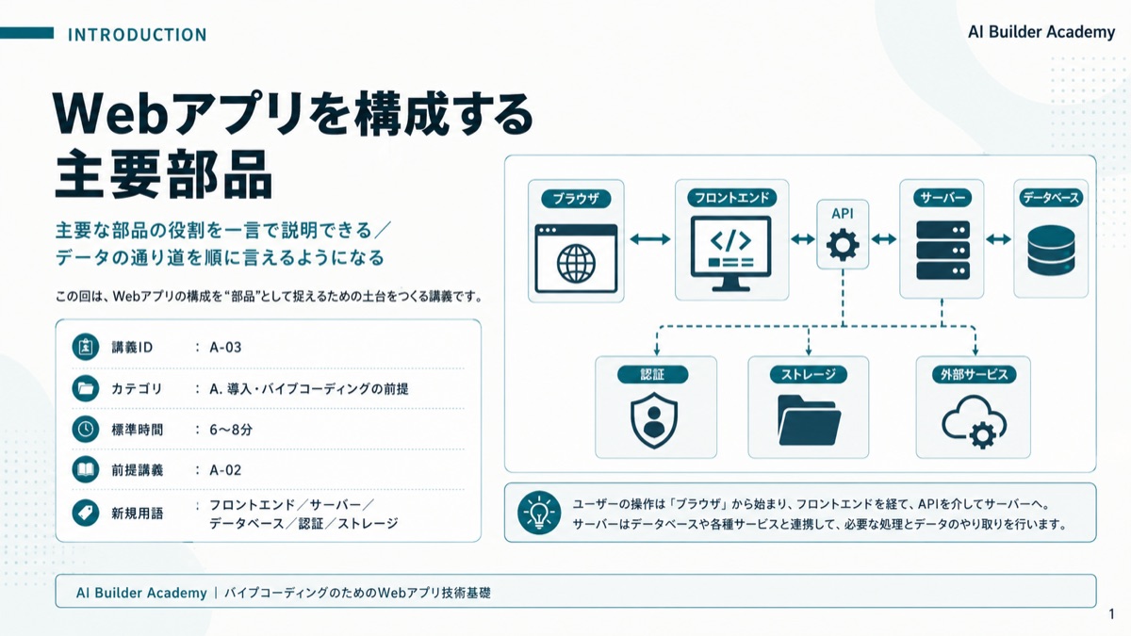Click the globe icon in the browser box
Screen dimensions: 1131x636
576,264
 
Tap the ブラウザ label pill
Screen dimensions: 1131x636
576,199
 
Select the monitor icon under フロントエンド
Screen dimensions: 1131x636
730,253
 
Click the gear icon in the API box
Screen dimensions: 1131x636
843,245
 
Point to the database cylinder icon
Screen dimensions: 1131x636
1051,251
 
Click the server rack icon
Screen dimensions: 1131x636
942,251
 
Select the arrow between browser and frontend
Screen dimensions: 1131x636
650,239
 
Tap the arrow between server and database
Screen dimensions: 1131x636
998,239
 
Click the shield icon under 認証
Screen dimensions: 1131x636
654,420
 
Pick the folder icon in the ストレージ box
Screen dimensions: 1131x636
809,420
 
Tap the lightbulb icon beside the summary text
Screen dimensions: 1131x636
539,513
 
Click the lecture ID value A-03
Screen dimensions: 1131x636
225,348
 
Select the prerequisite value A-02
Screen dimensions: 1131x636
225,470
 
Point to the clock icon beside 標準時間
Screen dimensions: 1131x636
86,429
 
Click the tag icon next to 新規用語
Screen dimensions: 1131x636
86,513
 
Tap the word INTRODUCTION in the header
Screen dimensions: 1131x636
138,35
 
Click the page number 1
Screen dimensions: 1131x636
1111,614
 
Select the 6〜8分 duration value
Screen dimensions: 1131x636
231,430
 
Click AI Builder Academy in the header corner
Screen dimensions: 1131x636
1041,32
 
